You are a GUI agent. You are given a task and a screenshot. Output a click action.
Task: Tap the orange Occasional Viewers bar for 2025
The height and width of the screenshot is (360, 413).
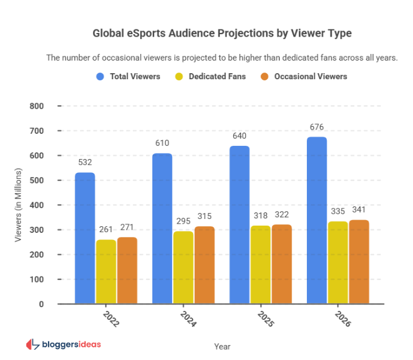click(x=282, y=264)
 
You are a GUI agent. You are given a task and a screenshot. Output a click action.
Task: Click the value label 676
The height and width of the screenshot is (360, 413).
click(x=316, y=127)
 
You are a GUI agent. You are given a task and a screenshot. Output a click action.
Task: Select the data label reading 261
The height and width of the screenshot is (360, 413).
click(x=106, y=230)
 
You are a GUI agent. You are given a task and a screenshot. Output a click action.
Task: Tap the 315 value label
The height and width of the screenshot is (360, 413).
click(x=204, y=217)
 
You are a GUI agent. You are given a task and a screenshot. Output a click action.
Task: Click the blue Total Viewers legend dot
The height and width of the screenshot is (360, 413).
click(x=100, y=76)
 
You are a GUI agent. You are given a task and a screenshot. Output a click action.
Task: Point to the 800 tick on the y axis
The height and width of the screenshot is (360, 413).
click(x=37, y=106)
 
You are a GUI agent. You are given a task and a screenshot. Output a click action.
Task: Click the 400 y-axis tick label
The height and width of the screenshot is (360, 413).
click(x=37, y=205)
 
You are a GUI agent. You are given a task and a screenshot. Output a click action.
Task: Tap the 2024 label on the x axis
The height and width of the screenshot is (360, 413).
click(x=187, y=319)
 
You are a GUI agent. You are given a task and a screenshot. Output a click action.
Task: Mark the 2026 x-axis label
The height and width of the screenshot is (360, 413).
click(x=342, y=319)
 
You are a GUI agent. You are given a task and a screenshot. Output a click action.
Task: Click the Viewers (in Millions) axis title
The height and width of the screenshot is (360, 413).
click(x=18, y=205)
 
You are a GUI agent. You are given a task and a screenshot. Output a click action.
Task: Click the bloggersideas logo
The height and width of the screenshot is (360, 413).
click(x=63, y=344)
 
